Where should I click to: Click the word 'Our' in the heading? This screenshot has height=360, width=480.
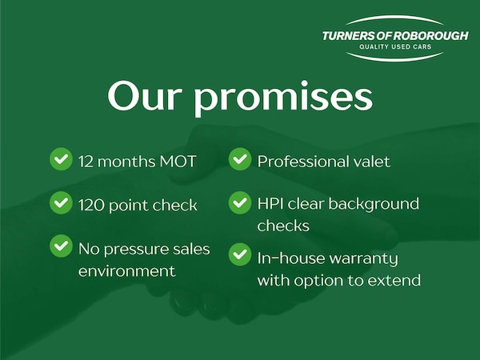coord(143,95)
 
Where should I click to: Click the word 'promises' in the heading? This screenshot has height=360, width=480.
coord(283,98)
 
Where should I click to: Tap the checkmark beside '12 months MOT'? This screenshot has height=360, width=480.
coord(61,159)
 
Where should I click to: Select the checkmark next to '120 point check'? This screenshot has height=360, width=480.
coord(61,202)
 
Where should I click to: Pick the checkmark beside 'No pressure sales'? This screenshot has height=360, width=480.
coord(61,246)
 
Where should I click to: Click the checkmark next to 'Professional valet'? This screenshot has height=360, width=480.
coord(240,159)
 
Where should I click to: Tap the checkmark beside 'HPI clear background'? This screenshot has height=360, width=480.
coord(240,202)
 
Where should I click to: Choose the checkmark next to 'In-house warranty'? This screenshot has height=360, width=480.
coord(240,254)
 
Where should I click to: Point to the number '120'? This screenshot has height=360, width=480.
coord(91,205)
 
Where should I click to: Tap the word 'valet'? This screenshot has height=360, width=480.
coord(372,162)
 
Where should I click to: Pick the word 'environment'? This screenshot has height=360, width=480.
coord(126,271)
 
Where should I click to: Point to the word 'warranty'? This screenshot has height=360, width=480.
coord(364,259)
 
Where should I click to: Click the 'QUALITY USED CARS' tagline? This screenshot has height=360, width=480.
coord(395,47)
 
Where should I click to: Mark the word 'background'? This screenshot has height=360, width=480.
coord(374,205)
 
